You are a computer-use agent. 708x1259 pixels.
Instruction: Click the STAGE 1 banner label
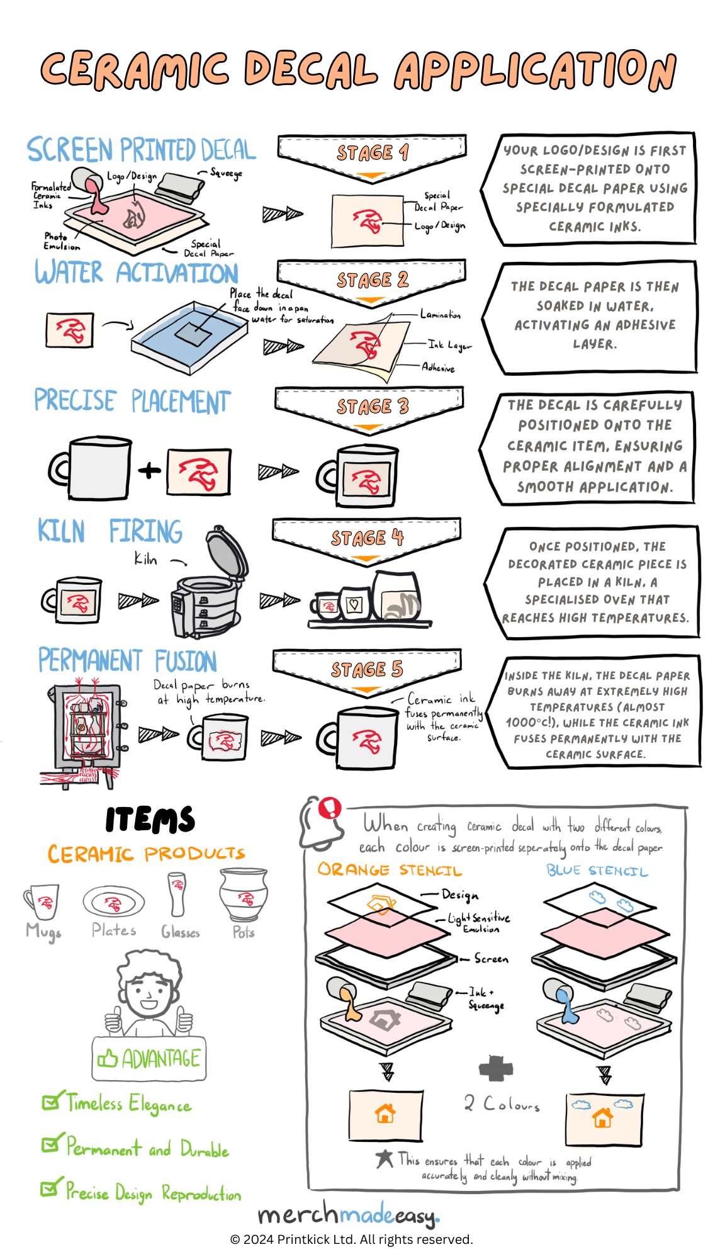[373, 153]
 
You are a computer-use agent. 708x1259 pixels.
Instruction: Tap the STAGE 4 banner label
[367, 538]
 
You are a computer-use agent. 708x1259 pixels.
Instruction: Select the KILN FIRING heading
[110, 531]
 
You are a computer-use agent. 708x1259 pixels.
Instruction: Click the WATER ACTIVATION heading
[137, 273]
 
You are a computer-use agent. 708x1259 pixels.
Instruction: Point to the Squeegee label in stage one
[225, 173]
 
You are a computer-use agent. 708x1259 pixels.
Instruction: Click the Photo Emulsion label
[60, 241]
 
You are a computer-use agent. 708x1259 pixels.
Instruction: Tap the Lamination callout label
[441, 315]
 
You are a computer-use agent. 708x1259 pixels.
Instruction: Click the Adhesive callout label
[438, 367]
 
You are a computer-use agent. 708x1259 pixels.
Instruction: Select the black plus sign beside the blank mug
[149, 470]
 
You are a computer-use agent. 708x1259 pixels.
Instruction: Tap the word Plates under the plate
[114, 930]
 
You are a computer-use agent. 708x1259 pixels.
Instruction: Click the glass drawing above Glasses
[177, 894]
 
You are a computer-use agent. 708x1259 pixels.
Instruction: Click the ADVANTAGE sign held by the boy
[150, 1059]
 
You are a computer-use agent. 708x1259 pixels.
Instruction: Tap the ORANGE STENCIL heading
[390, 871]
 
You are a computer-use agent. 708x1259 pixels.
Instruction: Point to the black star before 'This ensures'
[385, 1158]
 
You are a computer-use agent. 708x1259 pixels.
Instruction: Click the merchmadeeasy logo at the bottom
[349, 1214]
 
